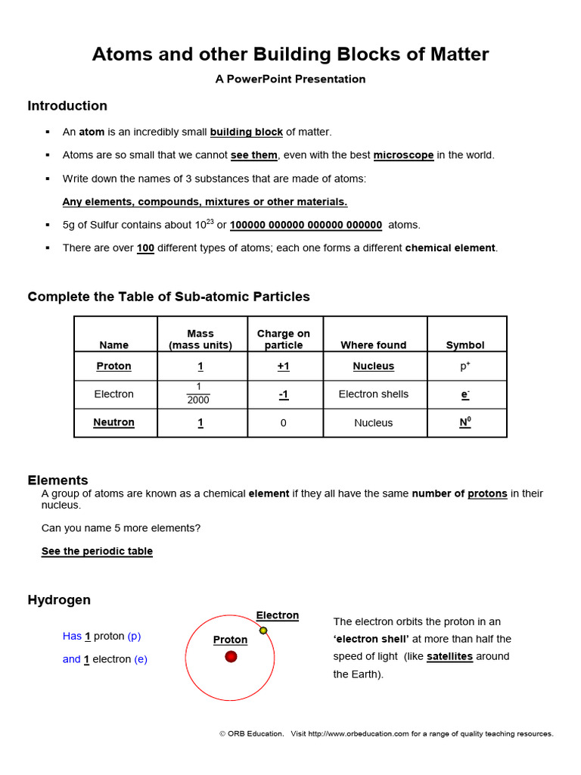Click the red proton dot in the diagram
pos(231,656)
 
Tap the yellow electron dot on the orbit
pos(263,630)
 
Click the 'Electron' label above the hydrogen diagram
pos(277,615)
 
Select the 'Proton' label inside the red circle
pos(230,640)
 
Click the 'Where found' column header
pos(373,345)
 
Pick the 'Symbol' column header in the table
pos(465,345)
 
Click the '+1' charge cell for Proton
pos(284,366)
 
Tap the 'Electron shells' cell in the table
pos(373,394)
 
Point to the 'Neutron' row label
pos(114,422)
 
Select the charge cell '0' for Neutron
pos(284,423)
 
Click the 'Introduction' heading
pos(67,106)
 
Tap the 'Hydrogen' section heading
pos(59,600)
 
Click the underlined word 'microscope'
pos(403,155)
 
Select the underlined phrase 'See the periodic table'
pos(97,552)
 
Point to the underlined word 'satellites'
pos(449,656)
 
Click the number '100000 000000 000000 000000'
pos(306,225)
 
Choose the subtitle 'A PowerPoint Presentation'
pos(290,79)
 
